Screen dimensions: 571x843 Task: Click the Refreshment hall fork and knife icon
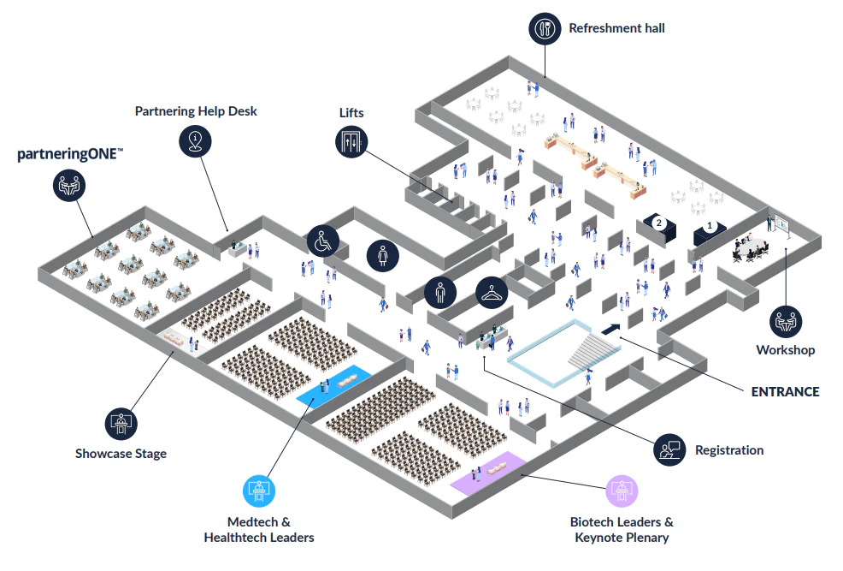pyautogui.click(x=545, y=28)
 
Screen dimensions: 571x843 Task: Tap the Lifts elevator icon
pyautogui.click(x=351, y=141)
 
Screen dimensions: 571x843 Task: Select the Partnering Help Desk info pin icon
pyautogui.click(x=196, y=140)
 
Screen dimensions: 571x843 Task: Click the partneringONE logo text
pyautogui.click(x=71, y=155)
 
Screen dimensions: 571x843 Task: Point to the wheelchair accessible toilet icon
pyautogui.click(x=322, y=241)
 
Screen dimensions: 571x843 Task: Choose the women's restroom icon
pyautogui.click(x=382, y=255)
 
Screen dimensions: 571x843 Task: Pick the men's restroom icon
pyautogui.click(x=440, y=293)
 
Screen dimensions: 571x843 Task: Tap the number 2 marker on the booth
pyautogui.click(x=658, y=223)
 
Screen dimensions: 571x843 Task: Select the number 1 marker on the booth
pyautogui.click(x=709, y=228)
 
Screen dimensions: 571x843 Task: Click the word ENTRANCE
pyautogui.click(x=785, y=392)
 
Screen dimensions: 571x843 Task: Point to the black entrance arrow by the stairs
pyautogui.click(x=612, y=329)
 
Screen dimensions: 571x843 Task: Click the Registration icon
pyautogui.click(x=669, y=449)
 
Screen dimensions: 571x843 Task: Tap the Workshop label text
pyautogui.click(x=785, y=350)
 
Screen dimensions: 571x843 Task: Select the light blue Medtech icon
pyautogui.click(x=258, y=491)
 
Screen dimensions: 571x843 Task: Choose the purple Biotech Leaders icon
pyautogui.click(x=622, y=491)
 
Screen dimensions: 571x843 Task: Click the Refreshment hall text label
pyautogui.click(x=616, y=28)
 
